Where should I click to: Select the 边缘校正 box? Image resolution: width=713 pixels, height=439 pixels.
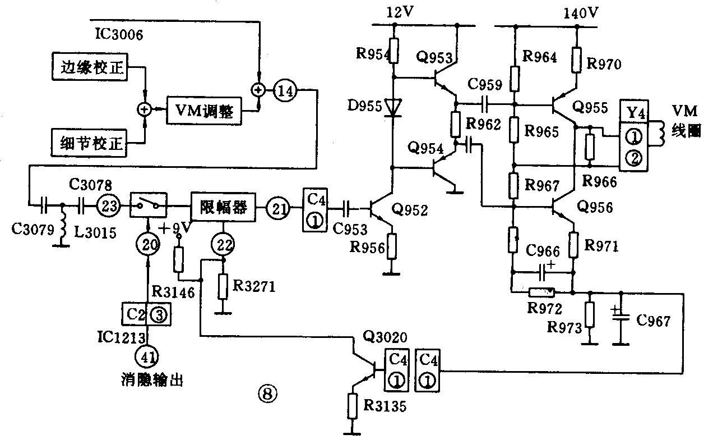pos(90,70)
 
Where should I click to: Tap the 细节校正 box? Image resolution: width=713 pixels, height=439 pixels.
pos(90,143)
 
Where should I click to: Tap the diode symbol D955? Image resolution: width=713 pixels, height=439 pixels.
pos(395,107)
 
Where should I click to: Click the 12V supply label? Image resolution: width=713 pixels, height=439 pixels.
pos(399,11)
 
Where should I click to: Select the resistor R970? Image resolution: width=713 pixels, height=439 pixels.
pos(577,60)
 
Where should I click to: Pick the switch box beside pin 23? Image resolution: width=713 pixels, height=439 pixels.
pos(148,205)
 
